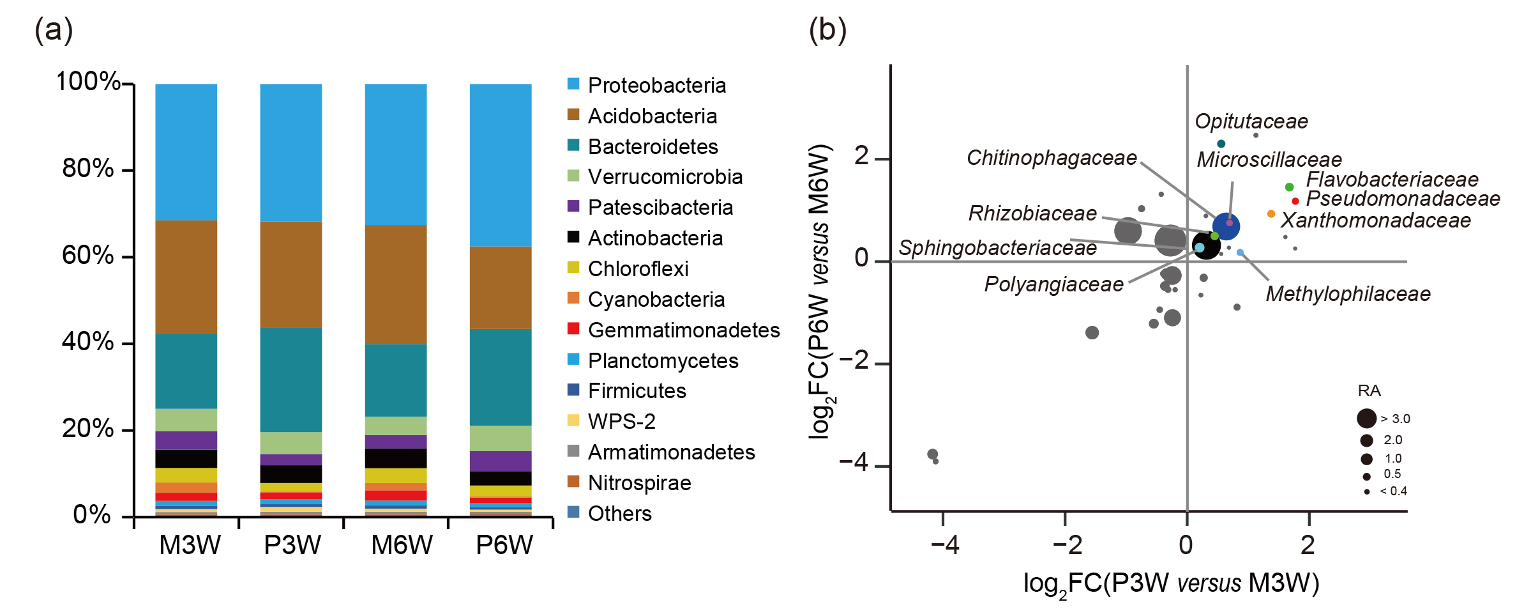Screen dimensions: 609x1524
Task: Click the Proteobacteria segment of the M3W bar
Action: [186, 152]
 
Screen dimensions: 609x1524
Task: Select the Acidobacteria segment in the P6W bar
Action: [501, 288]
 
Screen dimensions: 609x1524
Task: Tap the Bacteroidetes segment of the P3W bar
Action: [291, 380]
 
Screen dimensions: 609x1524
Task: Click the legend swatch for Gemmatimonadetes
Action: [573, 329]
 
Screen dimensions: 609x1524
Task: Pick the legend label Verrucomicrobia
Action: [665, 177]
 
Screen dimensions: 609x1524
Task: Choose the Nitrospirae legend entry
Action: [639, 483]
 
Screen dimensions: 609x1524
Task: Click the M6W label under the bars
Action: [402, 545]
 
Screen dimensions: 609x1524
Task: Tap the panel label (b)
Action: [827, 30]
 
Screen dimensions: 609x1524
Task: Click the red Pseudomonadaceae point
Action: [1295, 201]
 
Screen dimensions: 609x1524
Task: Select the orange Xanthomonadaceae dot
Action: [1271, 214]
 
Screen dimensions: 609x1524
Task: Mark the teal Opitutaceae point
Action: [1221, 144]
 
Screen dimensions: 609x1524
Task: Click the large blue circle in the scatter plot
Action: [1226, 226]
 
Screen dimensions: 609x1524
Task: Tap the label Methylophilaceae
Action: [1348, 294]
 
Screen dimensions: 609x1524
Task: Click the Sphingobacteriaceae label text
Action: [997, 248]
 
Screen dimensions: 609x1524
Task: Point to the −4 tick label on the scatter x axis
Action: [944, 545]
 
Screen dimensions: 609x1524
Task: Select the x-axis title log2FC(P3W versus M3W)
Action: [1171, 583]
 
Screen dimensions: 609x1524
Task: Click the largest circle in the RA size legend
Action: [1366, 419]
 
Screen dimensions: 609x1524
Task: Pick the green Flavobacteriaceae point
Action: [1290, 187]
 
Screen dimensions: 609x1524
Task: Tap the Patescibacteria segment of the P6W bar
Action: [501, 461]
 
